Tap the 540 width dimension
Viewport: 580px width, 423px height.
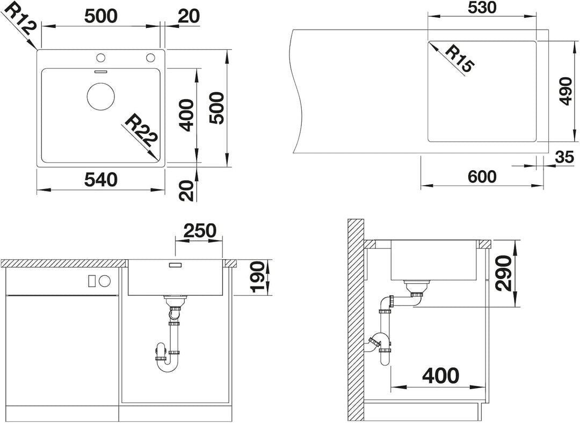coord(100,179)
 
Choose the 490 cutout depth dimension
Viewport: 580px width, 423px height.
coord(565,91)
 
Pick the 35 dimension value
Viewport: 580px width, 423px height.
coord(564,157)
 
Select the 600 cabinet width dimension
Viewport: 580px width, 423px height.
coord(482,177)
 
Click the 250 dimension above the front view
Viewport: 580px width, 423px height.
coord(200,231)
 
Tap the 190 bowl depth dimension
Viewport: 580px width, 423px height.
coord(258,277)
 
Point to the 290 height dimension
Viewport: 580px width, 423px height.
coord(504,273)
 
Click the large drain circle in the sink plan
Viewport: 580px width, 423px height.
coord(100,96)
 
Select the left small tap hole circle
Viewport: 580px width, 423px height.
coord(100,58)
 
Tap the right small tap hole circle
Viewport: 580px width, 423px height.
coord(150,58)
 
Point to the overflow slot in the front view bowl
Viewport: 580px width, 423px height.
coord(175,265)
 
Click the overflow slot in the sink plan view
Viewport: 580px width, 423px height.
coord(100,71)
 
